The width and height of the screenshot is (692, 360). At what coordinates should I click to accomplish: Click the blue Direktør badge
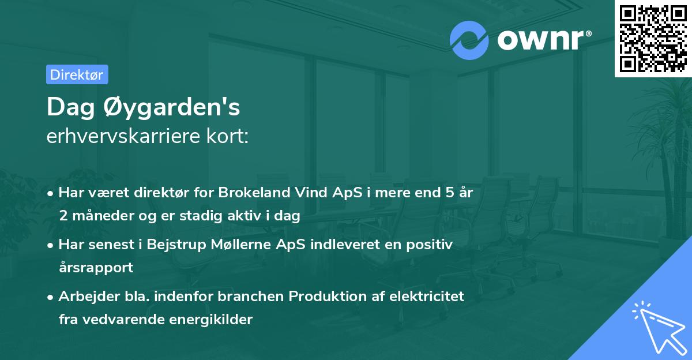click(77, 74)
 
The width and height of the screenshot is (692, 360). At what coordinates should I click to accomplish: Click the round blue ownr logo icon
click(469, 40)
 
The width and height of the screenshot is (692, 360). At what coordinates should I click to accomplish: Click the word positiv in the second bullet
click(432, 245)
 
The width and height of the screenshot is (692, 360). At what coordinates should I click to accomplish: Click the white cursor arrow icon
click(658, 327)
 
